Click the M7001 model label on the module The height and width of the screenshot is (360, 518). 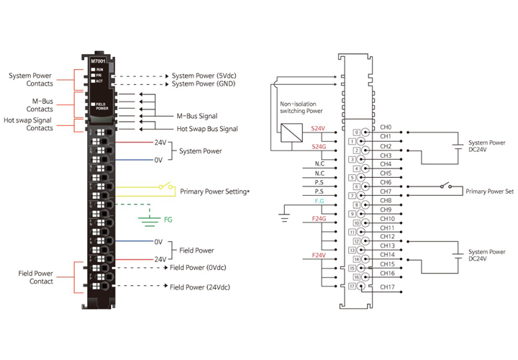[x=99, y=62]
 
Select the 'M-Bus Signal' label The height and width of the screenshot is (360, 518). [x=196, y=116]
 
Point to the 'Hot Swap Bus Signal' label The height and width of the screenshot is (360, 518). [x=207, y=129]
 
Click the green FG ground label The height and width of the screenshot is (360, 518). [x=168, y=218]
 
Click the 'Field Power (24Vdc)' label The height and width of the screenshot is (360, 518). [x=201, y=287]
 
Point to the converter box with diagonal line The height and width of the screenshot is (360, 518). [x=292, y=133]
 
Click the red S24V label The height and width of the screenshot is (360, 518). [x=318, y=127]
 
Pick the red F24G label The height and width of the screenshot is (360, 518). [x=319, y=218]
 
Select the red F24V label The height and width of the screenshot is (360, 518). [x=319, y=256]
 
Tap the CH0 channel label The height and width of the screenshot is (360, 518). [x=386, y=127]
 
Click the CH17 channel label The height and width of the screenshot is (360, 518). [x=386, y=287]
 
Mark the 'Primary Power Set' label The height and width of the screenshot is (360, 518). [x=489, y=192]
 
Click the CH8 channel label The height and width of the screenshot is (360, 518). [x=386, y=200]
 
